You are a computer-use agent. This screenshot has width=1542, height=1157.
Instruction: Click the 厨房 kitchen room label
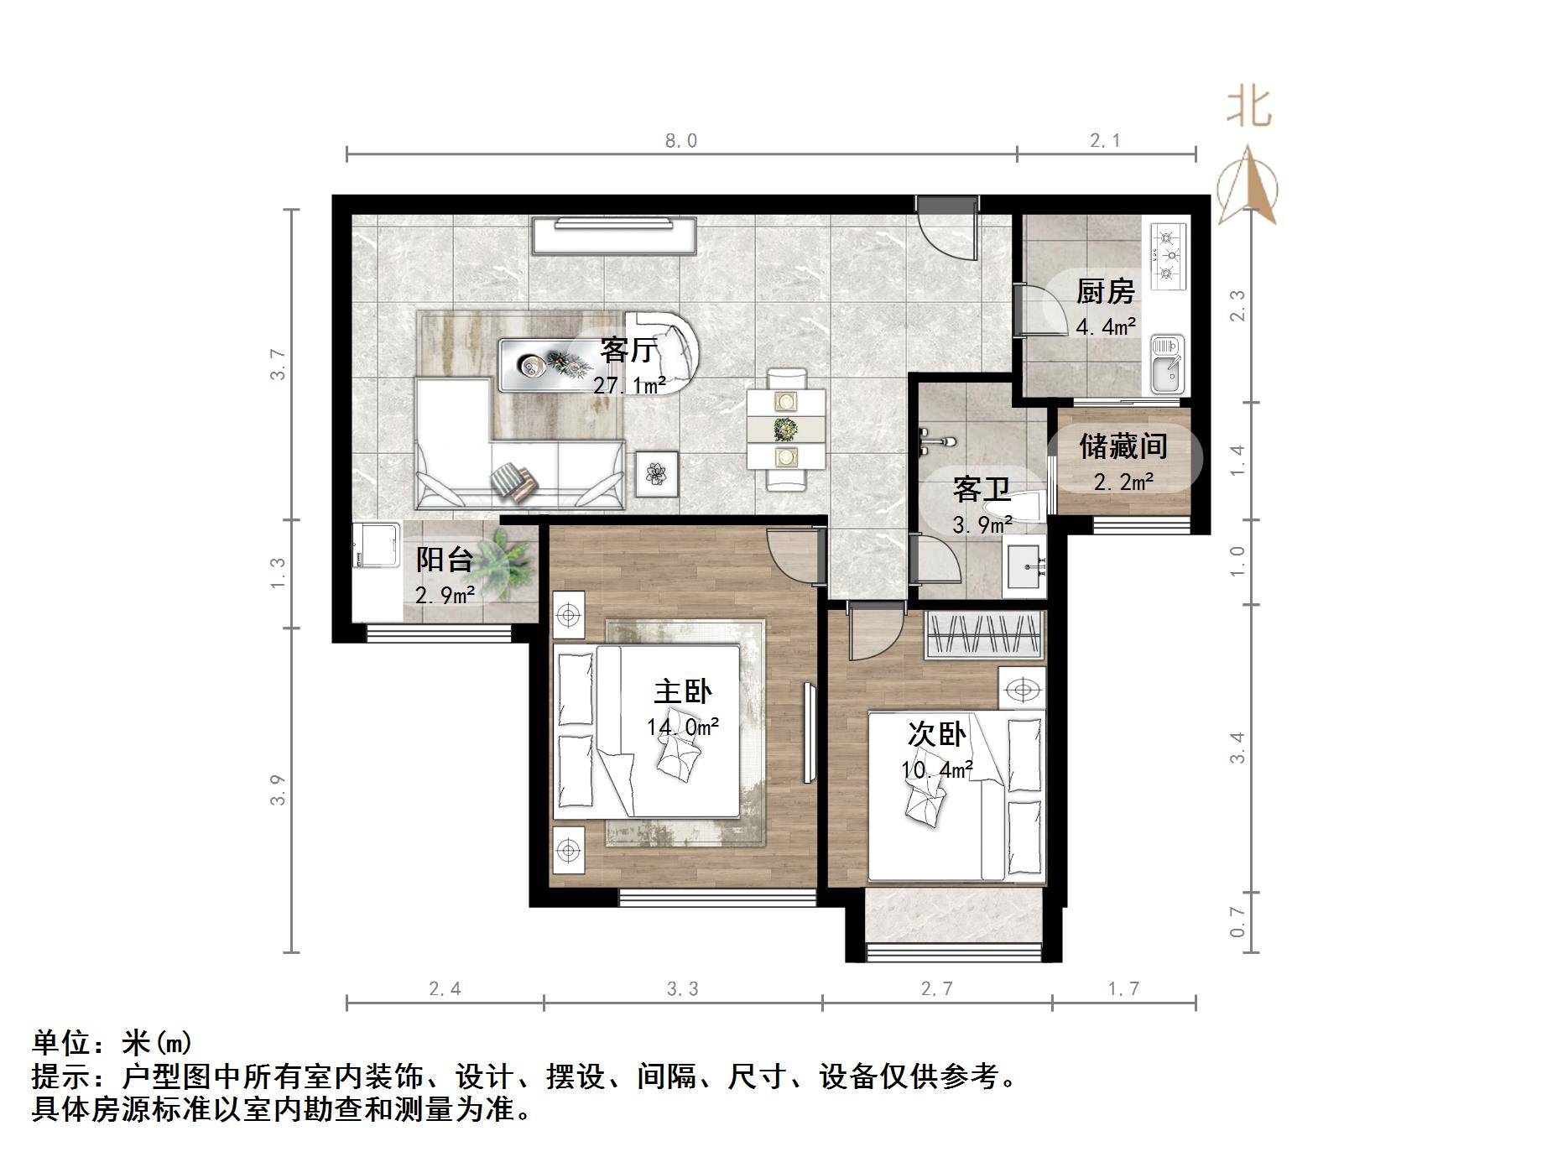tap(1105, 292)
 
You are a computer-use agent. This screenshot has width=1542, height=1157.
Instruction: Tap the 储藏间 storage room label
tap(1123, 446)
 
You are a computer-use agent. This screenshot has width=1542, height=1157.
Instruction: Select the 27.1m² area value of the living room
tap(629, 386)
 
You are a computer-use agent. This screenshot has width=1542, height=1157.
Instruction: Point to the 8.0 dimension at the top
tap(681, 141)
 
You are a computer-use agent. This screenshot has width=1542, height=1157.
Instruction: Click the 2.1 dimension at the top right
tap(1105, 141)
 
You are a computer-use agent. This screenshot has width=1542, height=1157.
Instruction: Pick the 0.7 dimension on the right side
tap(1237, 922)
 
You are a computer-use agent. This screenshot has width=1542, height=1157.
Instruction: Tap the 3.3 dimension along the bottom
tap(682, 989)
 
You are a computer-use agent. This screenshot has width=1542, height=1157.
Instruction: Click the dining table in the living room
tap(786, 430)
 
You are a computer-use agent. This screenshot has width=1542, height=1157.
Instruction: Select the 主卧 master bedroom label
tap(682, 691)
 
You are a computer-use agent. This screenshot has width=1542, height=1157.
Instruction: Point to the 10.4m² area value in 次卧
tap(937, 769)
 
